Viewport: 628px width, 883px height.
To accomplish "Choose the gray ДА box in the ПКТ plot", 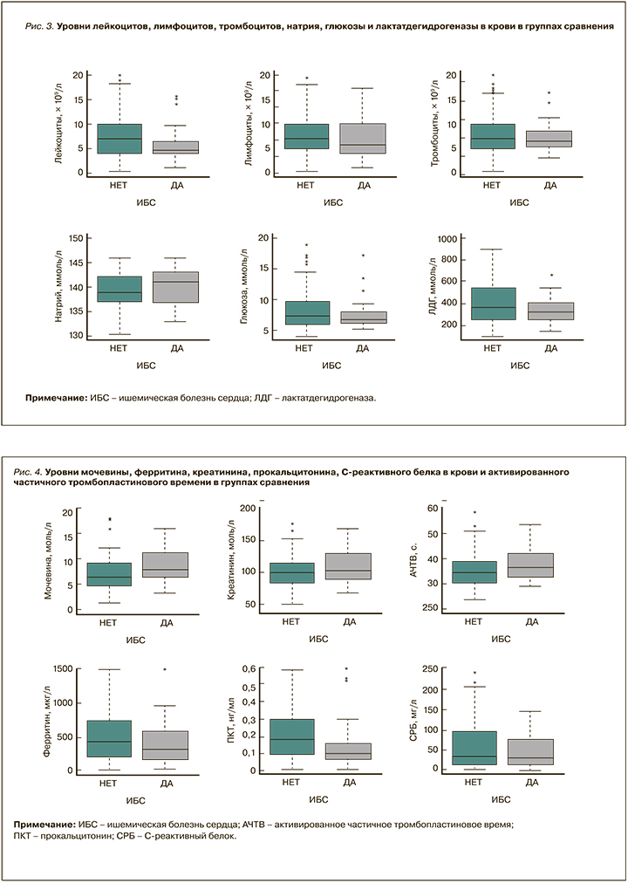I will coord(348,751).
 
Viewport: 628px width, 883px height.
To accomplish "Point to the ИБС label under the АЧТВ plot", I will coord(501,640).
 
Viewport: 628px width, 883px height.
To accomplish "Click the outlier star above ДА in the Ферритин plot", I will coord(164,670).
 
